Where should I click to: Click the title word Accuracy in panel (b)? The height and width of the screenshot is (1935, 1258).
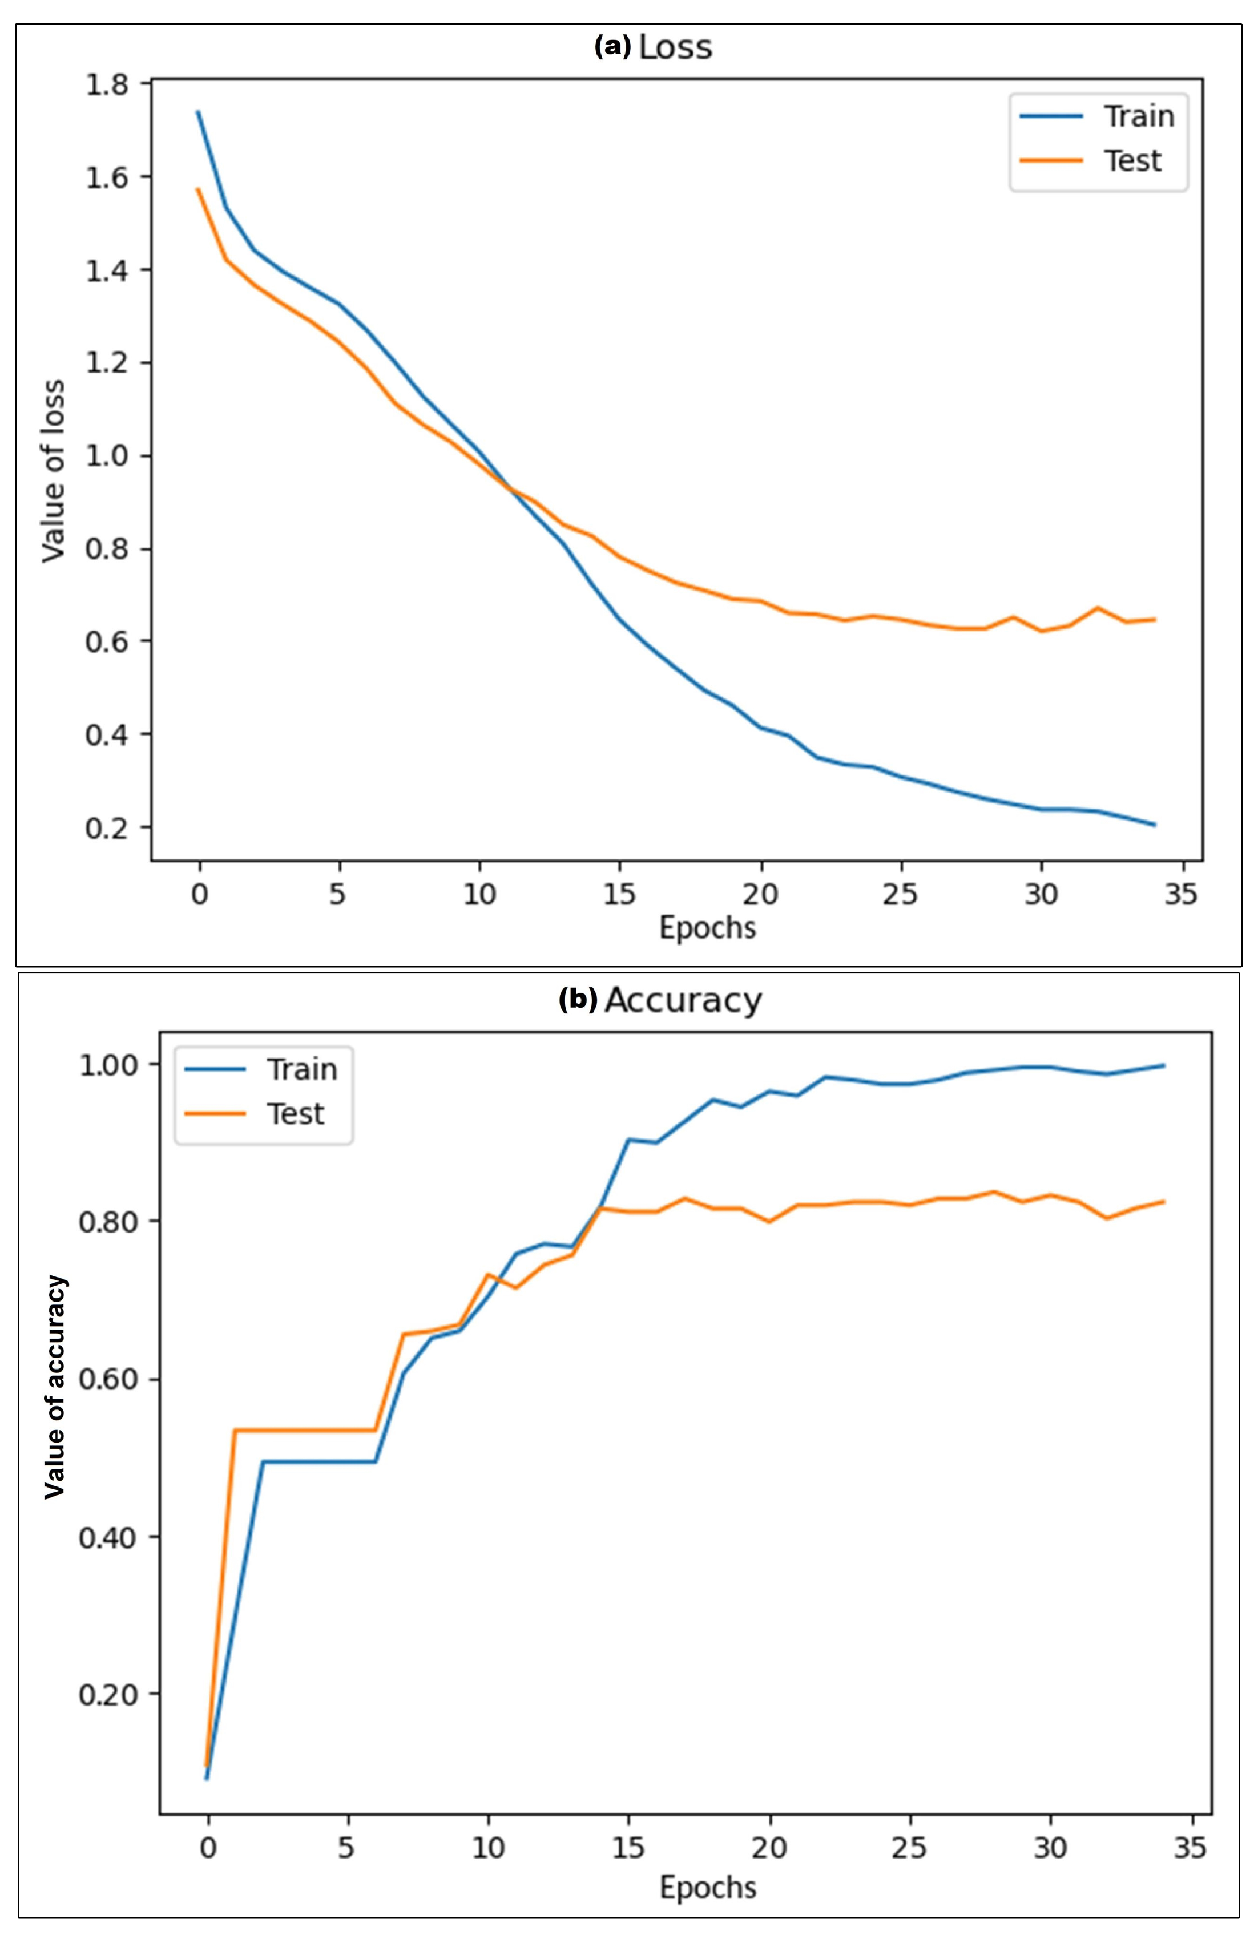pos(683,1001)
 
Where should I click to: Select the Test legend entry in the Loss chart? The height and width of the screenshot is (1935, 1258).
pos(1132,160)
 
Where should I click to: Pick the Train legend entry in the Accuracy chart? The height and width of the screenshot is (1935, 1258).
pos(301,1069)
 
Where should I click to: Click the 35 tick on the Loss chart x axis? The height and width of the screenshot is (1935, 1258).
pos(1181,895)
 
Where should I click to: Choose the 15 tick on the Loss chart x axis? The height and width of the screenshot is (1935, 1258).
pos(620,895)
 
